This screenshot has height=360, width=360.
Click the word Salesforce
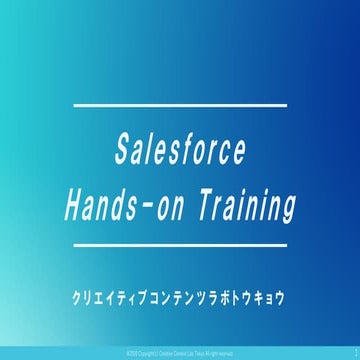[179, 153]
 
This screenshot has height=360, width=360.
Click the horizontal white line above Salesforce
[180, 104]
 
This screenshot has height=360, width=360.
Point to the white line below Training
[180, 243]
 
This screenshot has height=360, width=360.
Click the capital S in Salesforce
[115, 153]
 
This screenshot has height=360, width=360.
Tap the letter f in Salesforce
[187, 153]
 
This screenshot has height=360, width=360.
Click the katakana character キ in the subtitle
[271, 299]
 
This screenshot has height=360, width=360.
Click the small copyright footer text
[180, 353]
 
